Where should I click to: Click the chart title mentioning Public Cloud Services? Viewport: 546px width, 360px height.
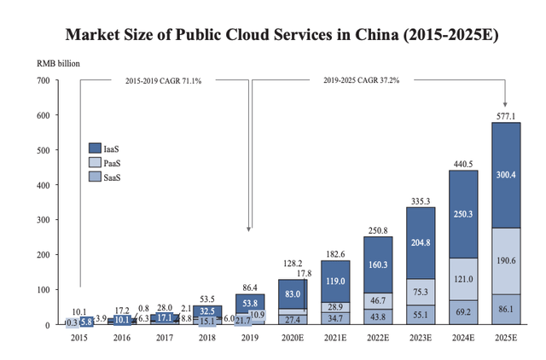coord(272,36)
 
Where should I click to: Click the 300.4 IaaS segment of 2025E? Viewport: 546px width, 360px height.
coord(506,175)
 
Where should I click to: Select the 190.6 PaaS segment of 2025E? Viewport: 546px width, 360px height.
coord(506,261)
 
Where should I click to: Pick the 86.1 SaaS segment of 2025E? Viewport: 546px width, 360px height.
coord(506,309)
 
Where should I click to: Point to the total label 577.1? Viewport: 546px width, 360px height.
coord(506,114)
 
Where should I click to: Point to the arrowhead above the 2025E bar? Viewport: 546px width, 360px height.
coord(506,103)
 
